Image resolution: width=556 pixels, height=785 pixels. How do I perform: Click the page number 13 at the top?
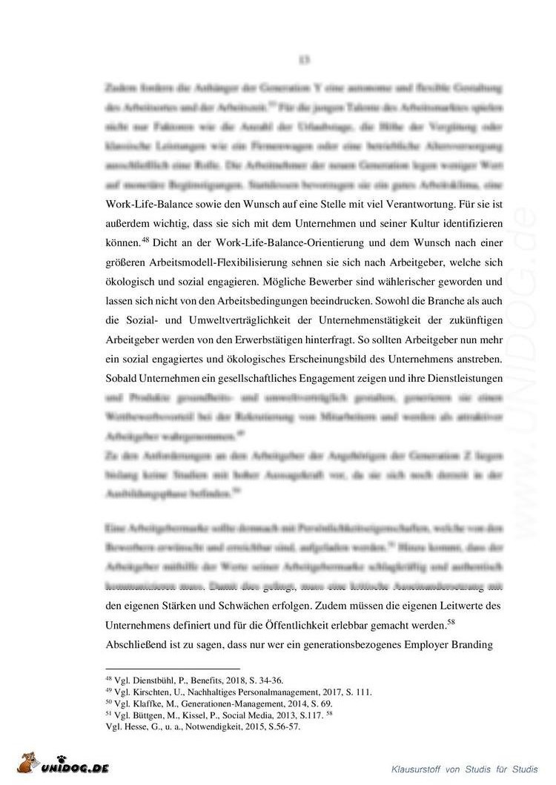click(x=303, y=59)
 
